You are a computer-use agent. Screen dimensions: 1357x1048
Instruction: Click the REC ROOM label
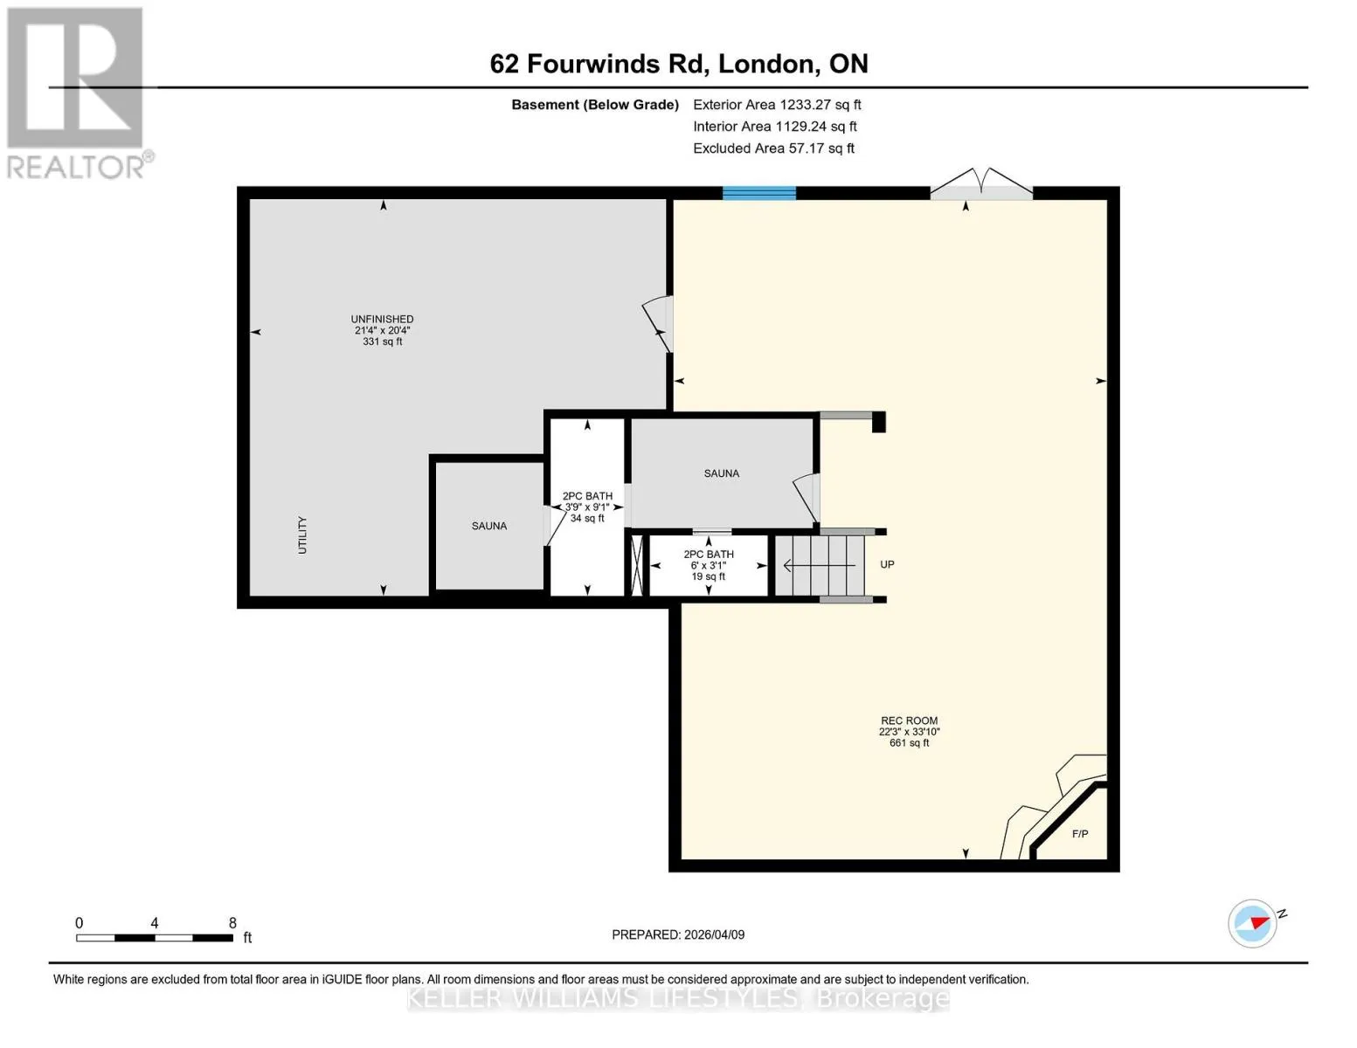pyautogui.click(x=909, y=720)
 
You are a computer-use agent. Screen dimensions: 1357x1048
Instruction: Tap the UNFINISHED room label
pyautogui.click(x=382, y=319)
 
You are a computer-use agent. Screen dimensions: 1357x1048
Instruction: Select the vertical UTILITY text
pyautogui.click(x=302, y=535)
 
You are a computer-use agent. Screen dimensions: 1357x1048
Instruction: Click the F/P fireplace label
pyautogui.click(x=1080, y=834)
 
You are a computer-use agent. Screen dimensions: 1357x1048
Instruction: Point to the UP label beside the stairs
pyautogui.click(x=887, y=564)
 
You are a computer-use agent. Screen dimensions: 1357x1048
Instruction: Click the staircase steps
pyautogui.click(x=820, y=566)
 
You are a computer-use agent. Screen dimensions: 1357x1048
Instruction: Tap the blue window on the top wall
pyautogui.click(x=758, y=193)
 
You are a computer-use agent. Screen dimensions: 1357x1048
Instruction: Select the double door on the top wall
pyautogui.click(x=981, y=184)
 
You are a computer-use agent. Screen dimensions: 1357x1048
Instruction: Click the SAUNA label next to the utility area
pyautogui.click(x=489, y=527)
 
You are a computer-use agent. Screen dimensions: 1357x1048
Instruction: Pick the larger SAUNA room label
pyautogui.click(x=721, y=473)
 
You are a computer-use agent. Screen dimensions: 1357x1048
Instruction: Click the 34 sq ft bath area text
pyautogui.click(x=587, y=518)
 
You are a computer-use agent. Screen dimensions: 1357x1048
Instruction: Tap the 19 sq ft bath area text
pyautogui.click(x=708, y=576)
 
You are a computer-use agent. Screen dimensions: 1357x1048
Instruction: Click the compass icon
pyautogui.click(x=1252, y=923)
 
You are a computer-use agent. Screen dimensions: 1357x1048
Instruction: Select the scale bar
pyautogui.click(x=155, y=937)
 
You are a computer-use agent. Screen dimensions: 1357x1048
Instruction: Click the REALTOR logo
pyautogui.click(x=78, y=93)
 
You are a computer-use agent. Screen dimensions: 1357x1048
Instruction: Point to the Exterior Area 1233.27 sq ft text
pyautogui.click(x=777, y=105)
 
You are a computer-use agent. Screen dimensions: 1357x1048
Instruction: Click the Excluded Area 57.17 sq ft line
pyautogui.click(x=773, y=148)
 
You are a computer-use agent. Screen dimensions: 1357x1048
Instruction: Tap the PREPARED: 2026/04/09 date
pyautogui.click(x=678, y=934)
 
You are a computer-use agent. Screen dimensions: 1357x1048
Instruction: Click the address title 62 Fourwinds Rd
pyautogui.click(x=599, y=64)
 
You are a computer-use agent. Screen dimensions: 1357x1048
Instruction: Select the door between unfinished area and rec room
pyautogui.click(x=659, y=324)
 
